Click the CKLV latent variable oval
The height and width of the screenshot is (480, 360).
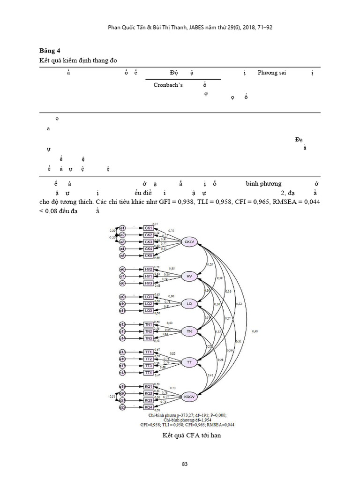190,241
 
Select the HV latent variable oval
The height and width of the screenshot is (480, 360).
189,277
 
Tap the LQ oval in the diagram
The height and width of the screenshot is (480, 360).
189,304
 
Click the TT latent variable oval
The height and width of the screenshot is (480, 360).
189,362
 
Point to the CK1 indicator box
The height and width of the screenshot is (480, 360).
148,228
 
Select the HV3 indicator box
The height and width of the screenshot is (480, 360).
148,283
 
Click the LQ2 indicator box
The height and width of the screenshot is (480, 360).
148,304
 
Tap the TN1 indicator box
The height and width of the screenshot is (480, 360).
148,324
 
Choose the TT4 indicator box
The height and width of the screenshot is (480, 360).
148,373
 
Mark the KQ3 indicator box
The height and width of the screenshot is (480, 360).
148,400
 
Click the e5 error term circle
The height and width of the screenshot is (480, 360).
122,255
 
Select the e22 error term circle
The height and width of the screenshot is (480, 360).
122,407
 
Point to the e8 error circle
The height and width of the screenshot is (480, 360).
122,283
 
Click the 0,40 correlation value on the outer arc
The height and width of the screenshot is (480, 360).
255,332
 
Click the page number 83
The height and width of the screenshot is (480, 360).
185,464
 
